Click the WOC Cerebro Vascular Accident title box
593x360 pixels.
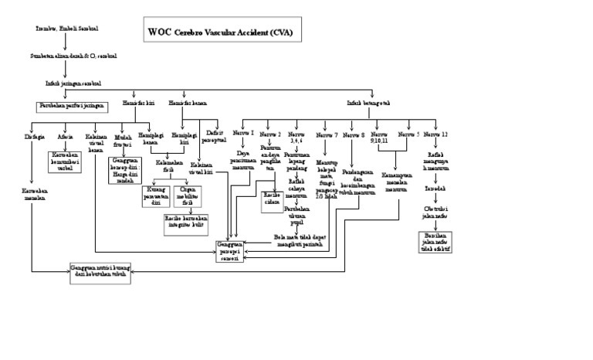coord(220,33)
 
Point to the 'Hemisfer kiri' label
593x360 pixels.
coord(139,103)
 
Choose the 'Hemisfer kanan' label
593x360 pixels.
coord(188,103)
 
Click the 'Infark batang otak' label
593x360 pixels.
coord(368,103)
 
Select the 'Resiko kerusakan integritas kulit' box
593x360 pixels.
coord(185,222)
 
